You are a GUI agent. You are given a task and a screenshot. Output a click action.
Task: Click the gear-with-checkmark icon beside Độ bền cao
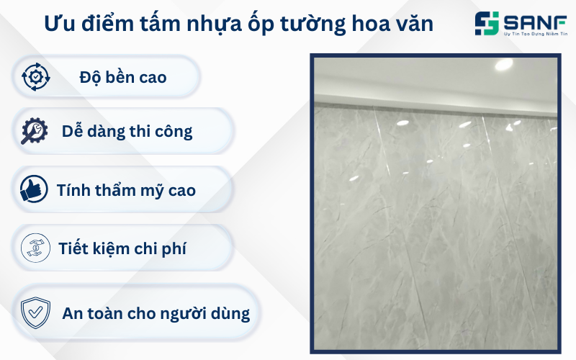pos(35,76)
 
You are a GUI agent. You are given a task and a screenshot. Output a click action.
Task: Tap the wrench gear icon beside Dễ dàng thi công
pos(35,130)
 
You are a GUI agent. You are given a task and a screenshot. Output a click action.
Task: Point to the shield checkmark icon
pos(35,312)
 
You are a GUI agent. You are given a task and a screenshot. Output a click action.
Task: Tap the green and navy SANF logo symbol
pos(487,24)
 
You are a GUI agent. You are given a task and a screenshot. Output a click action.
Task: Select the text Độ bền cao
pos(122,76)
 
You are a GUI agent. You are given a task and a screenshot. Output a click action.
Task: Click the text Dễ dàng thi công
pos(127,131)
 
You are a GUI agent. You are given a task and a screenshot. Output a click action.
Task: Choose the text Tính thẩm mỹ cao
pos(126,190)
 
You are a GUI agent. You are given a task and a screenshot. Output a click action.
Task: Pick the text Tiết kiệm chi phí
pos(122,248)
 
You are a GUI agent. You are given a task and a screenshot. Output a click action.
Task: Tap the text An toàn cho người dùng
pos(156,313)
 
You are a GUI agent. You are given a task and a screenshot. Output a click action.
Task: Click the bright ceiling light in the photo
pos(504,64)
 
